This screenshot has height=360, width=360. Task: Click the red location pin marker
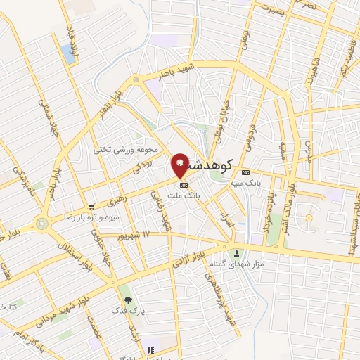point(180,165)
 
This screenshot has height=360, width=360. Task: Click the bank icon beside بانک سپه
point(245,172)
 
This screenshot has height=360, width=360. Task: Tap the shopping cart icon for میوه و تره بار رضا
point(91,207)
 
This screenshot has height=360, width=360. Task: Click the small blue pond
point(68,51)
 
